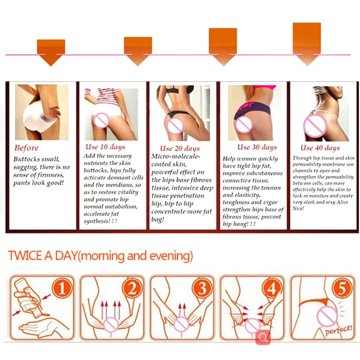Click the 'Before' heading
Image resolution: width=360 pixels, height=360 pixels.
[26, 148]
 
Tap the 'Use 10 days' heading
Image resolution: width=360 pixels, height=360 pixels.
[105, 147]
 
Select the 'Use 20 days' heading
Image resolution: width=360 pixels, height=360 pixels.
[180, 148]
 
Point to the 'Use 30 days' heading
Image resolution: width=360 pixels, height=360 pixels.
[257, 147]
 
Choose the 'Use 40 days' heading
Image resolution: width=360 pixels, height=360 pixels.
[320, 148]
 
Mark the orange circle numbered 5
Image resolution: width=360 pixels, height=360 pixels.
[342, 289]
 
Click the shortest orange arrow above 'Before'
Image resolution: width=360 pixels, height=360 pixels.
[51, 52]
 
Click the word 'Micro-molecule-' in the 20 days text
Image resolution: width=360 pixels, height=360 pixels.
[175, 156]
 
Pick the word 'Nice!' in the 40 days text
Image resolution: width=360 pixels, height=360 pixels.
[298, 208]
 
